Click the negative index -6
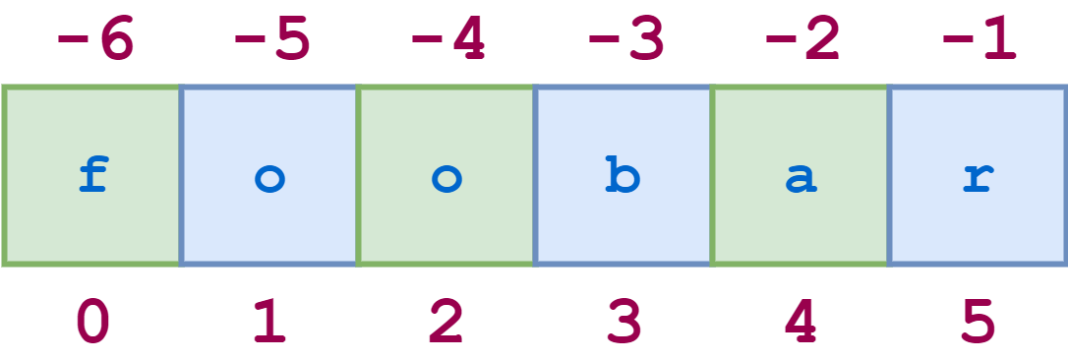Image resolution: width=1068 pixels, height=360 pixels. [x=94, y=41]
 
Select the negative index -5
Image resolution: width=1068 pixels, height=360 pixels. [x=271, y=41]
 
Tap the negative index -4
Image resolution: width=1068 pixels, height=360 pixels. [x=448, y=41]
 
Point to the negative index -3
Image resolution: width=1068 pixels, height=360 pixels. [x=626, y=41]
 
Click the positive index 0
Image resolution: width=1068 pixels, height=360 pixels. [x=93, y=322]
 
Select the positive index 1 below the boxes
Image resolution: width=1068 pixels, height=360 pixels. [x=270, y=322]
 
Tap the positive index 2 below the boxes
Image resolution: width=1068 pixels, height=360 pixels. [x=447, y=322]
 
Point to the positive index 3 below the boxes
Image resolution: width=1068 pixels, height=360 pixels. [x=624, y=322]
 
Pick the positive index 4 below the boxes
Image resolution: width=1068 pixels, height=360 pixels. [x=801, y=322]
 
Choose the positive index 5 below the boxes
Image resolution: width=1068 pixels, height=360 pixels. [x=979, y=322]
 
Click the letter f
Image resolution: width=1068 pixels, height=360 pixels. [x=93, y=176]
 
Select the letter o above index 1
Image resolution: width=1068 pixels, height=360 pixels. [x=270, y=180]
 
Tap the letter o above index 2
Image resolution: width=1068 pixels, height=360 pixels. [x=447, y=180]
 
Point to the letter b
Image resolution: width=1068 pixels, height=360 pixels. [x=623, y=176]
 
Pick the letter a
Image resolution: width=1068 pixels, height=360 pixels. [x=801, y=180]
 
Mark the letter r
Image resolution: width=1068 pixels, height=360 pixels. [x=979, y=180]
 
